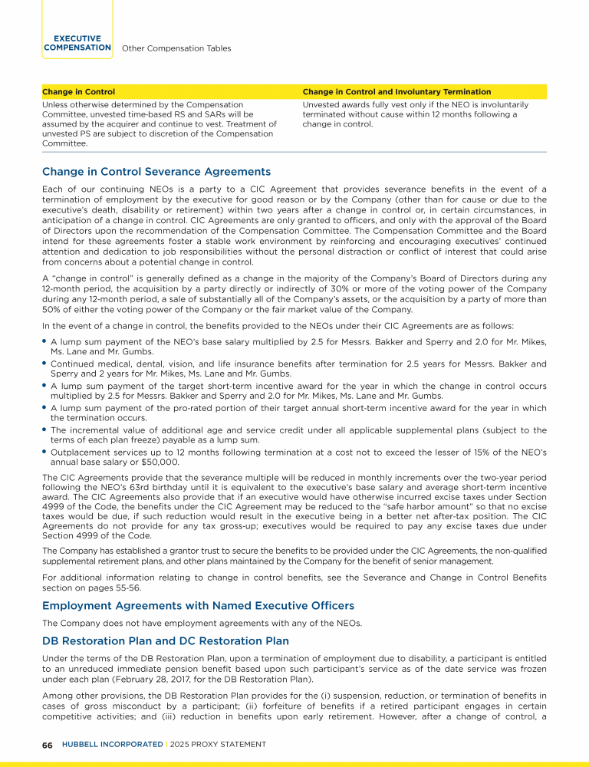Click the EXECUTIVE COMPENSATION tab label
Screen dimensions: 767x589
[77, 43]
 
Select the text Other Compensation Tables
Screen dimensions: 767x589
[176, 48]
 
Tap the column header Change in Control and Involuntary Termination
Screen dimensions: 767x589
[397, 92]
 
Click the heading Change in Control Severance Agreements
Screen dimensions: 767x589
[156, 171]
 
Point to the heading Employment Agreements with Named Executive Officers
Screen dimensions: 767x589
[198, 606]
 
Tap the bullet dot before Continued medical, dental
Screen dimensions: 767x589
[44, 362]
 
